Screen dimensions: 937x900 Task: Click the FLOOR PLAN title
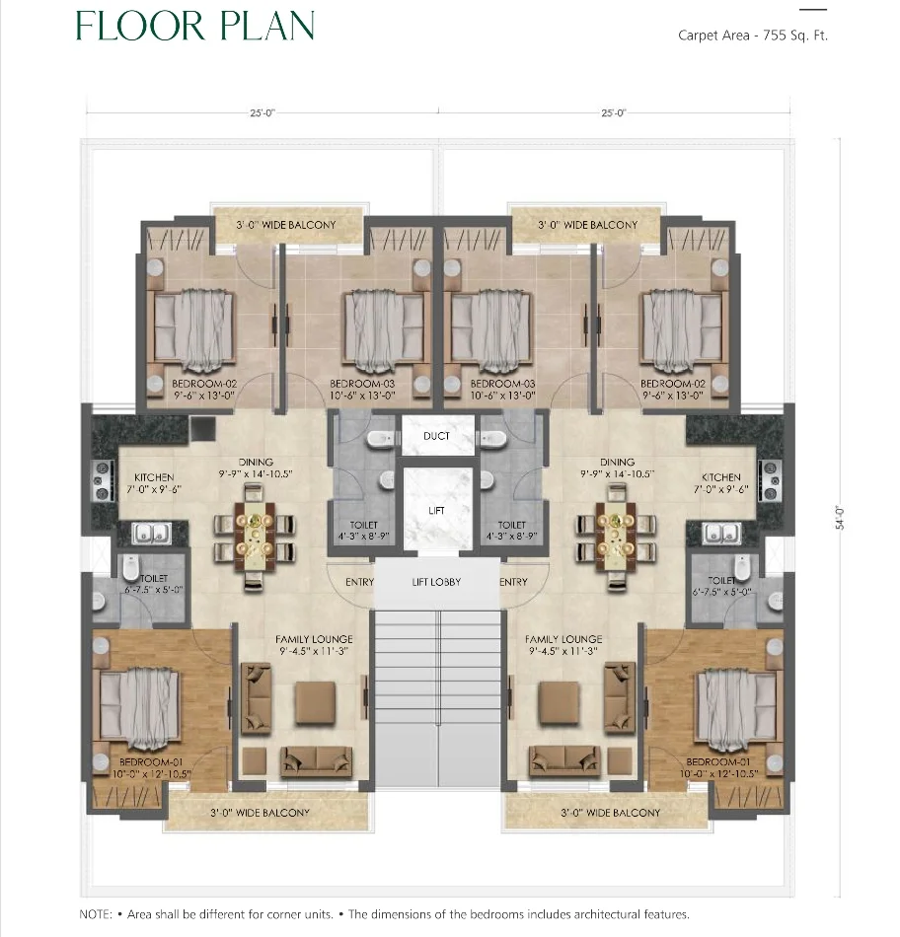point(194,26)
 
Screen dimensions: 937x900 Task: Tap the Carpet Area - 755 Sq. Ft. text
point(751,36)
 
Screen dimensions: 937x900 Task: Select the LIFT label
point(437,510)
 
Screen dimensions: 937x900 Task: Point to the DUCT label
point(436,436)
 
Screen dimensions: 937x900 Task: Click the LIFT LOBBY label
point(436,582)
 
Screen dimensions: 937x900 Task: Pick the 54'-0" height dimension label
point(841,519)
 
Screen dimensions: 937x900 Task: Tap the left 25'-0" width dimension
point(262,113)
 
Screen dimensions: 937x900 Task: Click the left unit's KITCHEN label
point(154,477)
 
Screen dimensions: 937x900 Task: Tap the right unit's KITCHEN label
point(721,477)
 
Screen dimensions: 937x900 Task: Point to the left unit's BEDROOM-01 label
point(149,761)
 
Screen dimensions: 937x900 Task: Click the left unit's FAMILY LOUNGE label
point(314,639)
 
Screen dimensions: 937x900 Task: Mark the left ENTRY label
point(359,582)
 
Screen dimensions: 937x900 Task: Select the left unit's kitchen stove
point(101,480)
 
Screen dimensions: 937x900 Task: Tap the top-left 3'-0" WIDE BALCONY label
point(286,225)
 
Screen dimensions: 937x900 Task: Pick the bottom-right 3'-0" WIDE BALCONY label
point(610,813)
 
